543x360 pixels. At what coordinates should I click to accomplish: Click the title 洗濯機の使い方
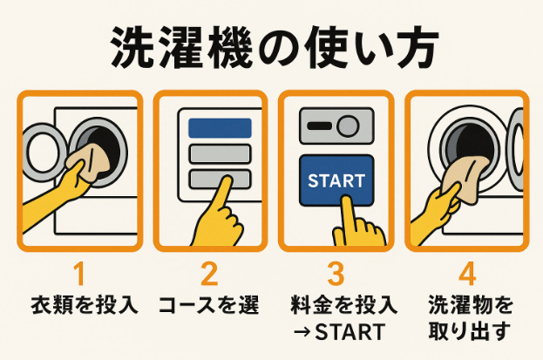coord(271,49)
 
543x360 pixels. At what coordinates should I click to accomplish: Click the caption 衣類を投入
coord(79,306)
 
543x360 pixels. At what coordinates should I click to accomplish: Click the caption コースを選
coord(209,306)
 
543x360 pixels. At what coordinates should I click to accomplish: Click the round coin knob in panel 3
coord(349,127)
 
